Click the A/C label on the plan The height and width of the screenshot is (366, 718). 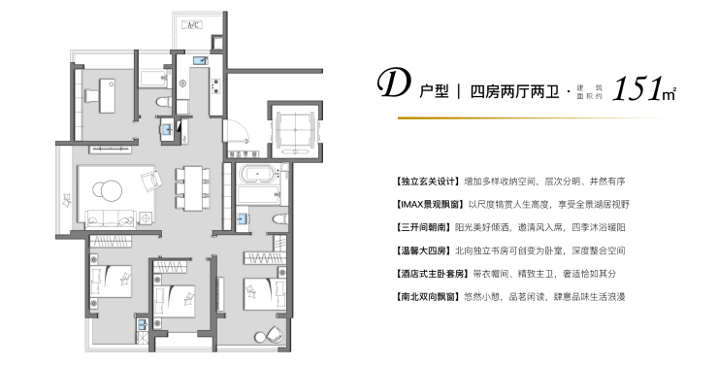pos(192,24)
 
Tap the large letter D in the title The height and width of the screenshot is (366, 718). pos(393,83)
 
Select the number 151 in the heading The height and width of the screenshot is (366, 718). pos(637,88)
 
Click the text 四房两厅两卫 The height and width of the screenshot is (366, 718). pos(514,91)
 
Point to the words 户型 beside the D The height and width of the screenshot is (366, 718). pos(434,91)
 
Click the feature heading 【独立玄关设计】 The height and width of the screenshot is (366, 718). pos(427,182)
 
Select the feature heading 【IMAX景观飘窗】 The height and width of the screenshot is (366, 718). pos(430,204)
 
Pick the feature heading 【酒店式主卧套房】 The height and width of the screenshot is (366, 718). pos(432,274)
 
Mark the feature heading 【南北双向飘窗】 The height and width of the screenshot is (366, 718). pos(427,296)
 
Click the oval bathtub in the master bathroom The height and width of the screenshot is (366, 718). pos(259,175)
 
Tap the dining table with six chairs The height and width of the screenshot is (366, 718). pos(193,188)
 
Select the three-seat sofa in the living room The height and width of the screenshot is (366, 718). pos(111,218)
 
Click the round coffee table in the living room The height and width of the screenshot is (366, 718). pos(108,190)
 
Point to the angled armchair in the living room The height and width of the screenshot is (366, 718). pos(151,181)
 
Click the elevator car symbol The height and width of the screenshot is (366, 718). pos(295,130)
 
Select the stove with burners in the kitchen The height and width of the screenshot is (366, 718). pos(215,85)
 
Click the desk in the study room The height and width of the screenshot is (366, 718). pos(107,95)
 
